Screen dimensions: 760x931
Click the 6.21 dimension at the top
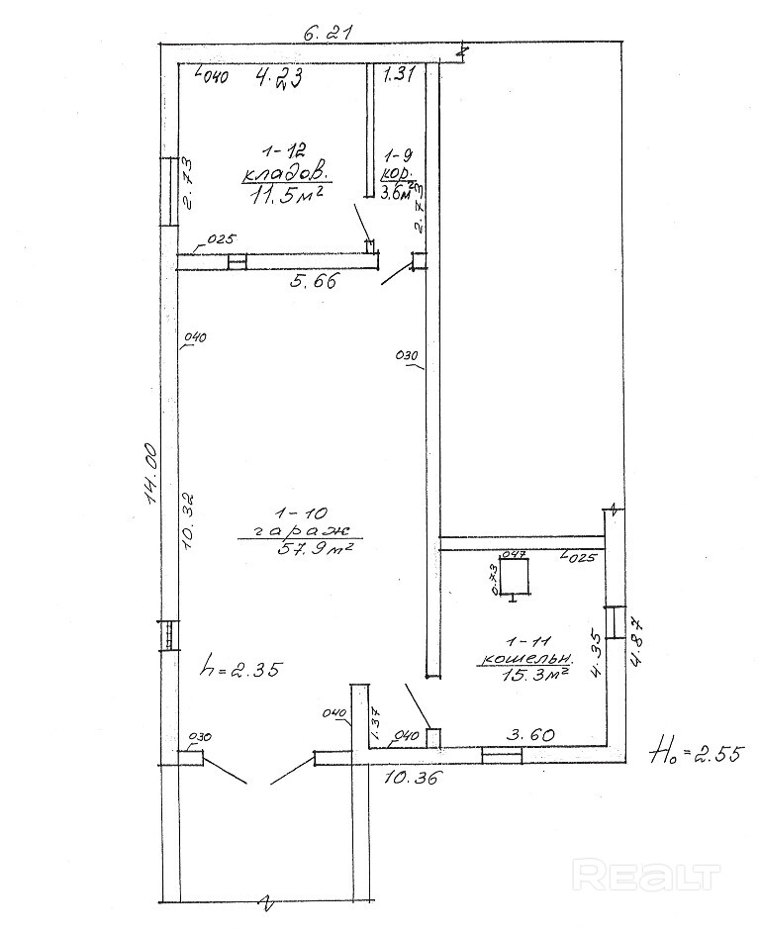[327, 32]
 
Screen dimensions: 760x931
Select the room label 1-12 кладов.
[284, 163]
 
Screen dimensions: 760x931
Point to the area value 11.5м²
[287, 194]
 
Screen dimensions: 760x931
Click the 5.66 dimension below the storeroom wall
[314, 281]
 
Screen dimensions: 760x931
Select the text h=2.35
[241, 668]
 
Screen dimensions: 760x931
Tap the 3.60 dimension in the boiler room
[528, 733]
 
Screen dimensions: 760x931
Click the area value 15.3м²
[533, 674]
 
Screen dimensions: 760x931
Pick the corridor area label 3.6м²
[400, 193]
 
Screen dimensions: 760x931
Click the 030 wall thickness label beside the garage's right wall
[407, 355]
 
